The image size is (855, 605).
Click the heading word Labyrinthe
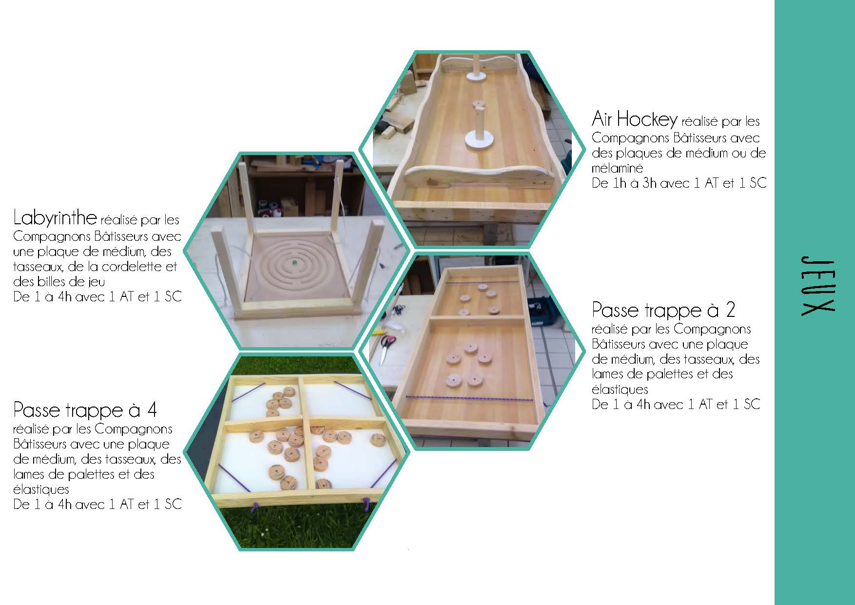(x=55, y=218)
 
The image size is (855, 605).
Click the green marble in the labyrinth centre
(x=294, y=263)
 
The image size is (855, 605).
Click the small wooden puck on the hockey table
(x=478, y=104)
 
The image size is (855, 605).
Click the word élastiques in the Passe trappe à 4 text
(x=41, y=489)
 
